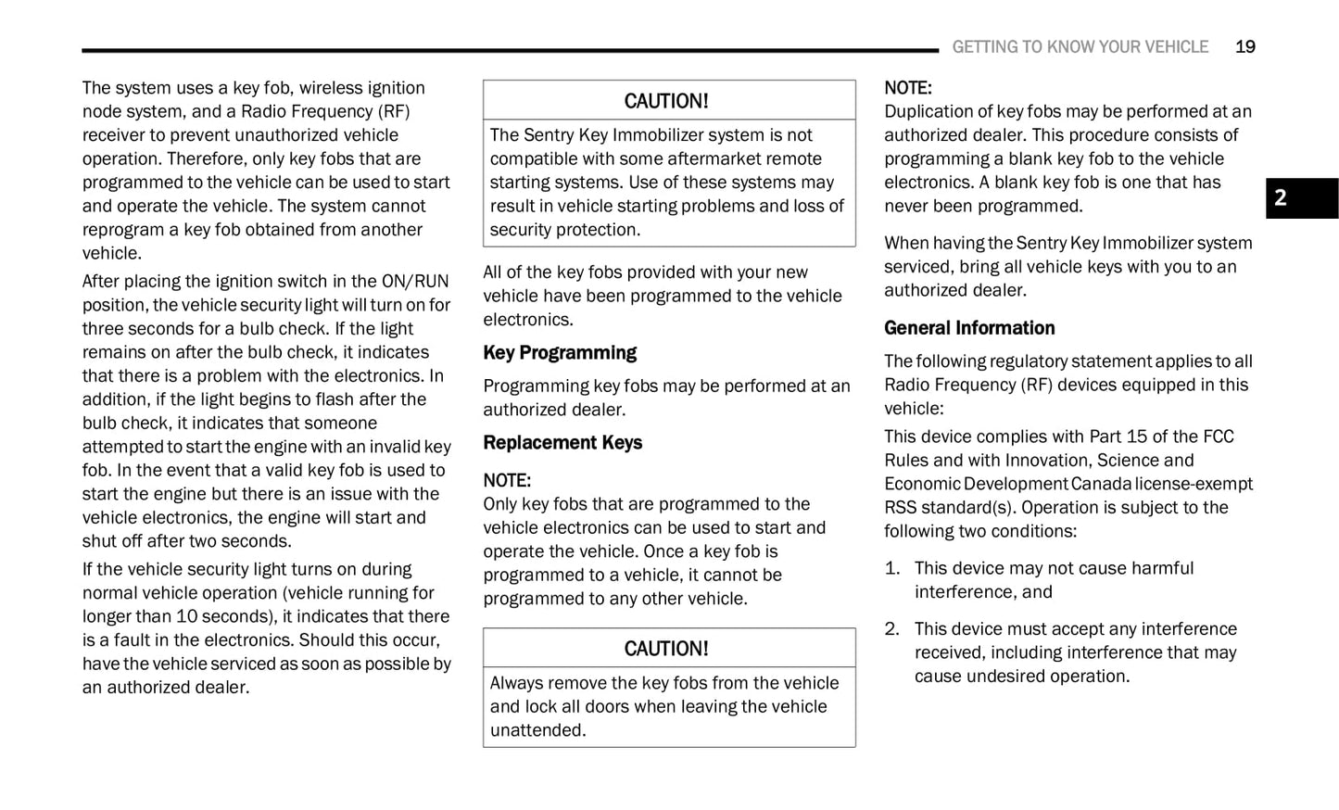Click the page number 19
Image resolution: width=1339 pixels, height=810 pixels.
1244,47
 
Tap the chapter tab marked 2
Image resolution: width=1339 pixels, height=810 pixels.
1301,197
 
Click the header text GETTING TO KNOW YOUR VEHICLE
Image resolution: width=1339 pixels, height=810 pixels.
1080,47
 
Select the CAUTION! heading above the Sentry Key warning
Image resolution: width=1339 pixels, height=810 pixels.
665,101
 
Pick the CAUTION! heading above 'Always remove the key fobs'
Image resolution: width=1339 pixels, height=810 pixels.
665,649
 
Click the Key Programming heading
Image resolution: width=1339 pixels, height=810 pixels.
560,353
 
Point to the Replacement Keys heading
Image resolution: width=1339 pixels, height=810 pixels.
562,443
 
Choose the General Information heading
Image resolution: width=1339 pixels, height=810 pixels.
969,328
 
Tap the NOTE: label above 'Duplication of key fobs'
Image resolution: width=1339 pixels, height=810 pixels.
907,88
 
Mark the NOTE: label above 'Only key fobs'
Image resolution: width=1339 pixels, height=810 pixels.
507,481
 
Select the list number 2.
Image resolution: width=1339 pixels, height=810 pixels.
891,629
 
